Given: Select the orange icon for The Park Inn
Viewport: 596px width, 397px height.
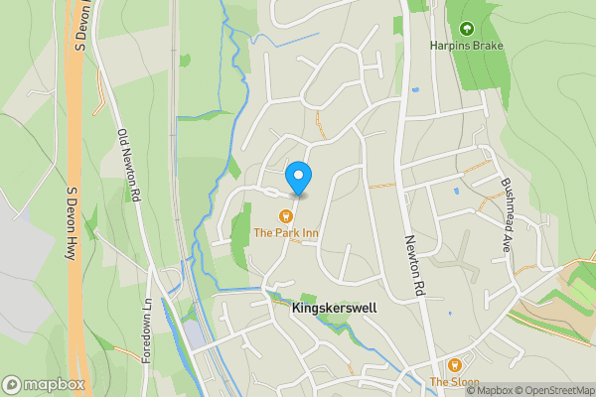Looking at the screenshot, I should pyautogui.click(x=286, y=215).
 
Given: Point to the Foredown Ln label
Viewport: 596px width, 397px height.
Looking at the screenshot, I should pyautogui.click(x=146, y=331).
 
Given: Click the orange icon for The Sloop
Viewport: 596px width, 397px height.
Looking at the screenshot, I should pyautogui.click(x=455, y=365).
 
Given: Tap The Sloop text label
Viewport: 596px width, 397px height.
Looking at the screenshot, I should pyautogui.click(x=454, y=382).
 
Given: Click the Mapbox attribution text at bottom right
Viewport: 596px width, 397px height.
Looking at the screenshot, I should pyautogui.click(x=490, y=390).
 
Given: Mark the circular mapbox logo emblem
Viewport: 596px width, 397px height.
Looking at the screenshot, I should pyautogui.click(x=13, y=384).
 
